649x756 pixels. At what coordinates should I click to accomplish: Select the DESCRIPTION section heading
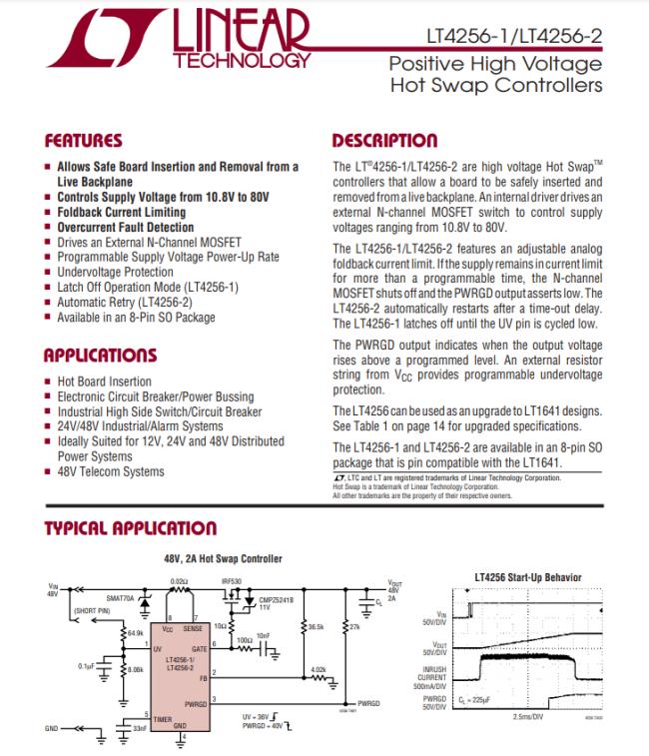pyautogui.click(x=384, y=141)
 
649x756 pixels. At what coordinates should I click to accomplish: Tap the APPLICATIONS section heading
pyautogui.click(x=100, y=356)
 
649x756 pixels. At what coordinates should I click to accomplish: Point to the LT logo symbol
pyautogui.click(x=105, y=42)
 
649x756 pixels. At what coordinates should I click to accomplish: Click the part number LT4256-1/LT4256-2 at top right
pyautogui.click(x=515, y=37)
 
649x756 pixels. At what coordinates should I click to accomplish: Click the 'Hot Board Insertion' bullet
pyautogui.click(x=105, y=381)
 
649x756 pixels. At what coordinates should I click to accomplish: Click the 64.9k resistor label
pyautogui.click(x=135, y=633)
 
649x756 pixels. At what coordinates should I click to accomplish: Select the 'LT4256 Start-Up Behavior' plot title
pyautogui.click(x=529, y=577)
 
